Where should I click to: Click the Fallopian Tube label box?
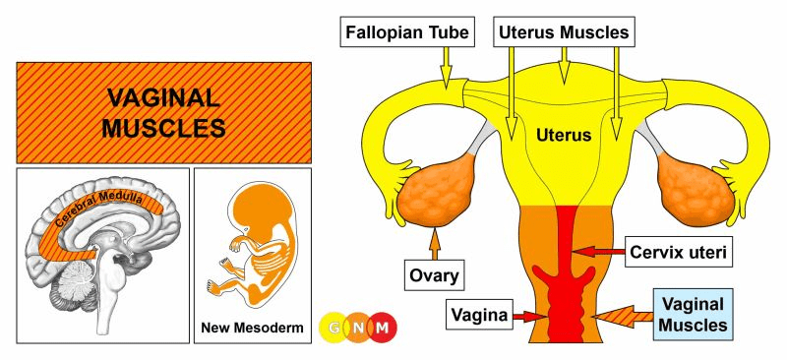point(407,32)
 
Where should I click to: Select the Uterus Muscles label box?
point(564,32)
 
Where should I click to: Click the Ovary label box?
point(434,275)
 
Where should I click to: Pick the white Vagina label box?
point(479,315)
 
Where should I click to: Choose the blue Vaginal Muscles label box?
point(693,315)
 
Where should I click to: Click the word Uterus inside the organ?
point(564,135)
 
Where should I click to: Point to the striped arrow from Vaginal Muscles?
point(623,317)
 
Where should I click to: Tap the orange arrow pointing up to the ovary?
point(435,244)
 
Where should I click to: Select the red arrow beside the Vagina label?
point(529,316)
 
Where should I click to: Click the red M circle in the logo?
point(383,328)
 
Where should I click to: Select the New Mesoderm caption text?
point(252,329)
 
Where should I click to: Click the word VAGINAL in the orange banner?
point(163,98)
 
